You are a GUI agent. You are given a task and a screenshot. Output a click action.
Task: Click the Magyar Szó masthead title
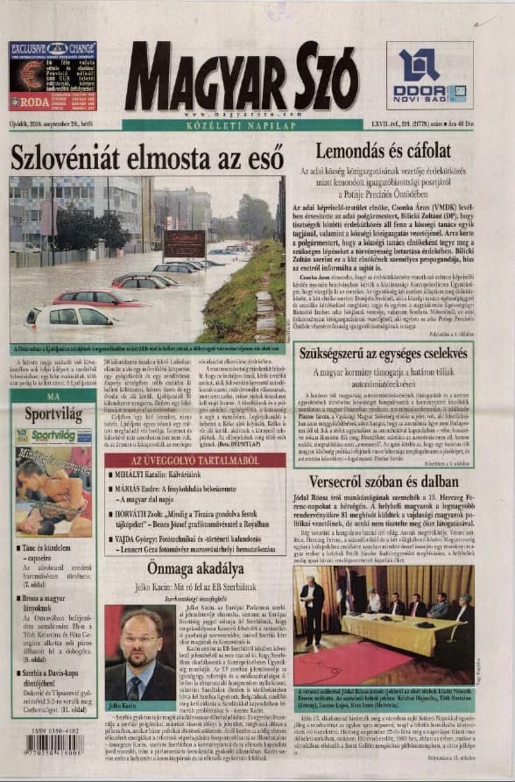(240, 78)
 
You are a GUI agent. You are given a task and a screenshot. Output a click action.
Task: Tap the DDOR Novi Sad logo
(430, 76)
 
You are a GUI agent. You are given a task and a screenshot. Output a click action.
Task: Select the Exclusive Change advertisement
(53, 76)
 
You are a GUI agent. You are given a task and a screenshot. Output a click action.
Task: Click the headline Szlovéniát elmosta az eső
(146, 158)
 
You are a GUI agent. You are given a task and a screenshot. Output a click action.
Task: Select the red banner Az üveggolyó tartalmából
(194, 460)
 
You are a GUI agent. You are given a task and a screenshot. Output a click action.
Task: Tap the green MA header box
(53, 397)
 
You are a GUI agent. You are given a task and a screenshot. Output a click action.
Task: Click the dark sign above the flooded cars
(183, 243)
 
